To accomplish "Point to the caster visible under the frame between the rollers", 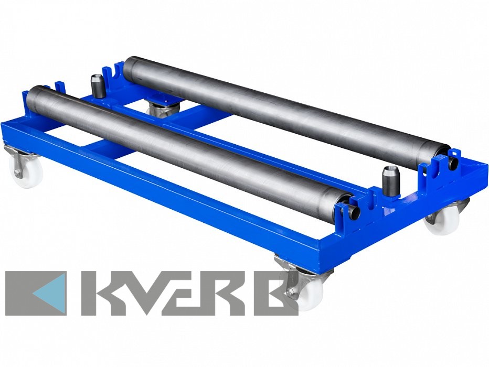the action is coord(163,108).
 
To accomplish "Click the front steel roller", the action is coord(190,152).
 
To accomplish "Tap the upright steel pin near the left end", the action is coord(97,87).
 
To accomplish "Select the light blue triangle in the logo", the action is coord(50,293).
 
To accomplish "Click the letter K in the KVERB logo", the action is coord(102,293).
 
